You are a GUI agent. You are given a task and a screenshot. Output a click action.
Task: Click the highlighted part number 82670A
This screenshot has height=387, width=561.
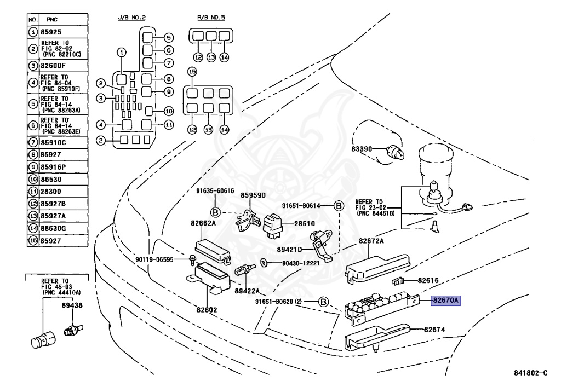(446, 300)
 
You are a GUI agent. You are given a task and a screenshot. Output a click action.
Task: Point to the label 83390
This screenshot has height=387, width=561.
(362, 148)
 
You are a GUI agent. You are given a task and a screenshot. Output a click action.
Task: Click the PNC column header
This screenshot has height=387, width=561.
(53, 19)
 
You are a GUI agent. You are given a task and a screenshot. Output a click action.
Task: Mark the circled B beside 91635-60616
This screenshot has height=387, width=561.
(215, 212)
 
